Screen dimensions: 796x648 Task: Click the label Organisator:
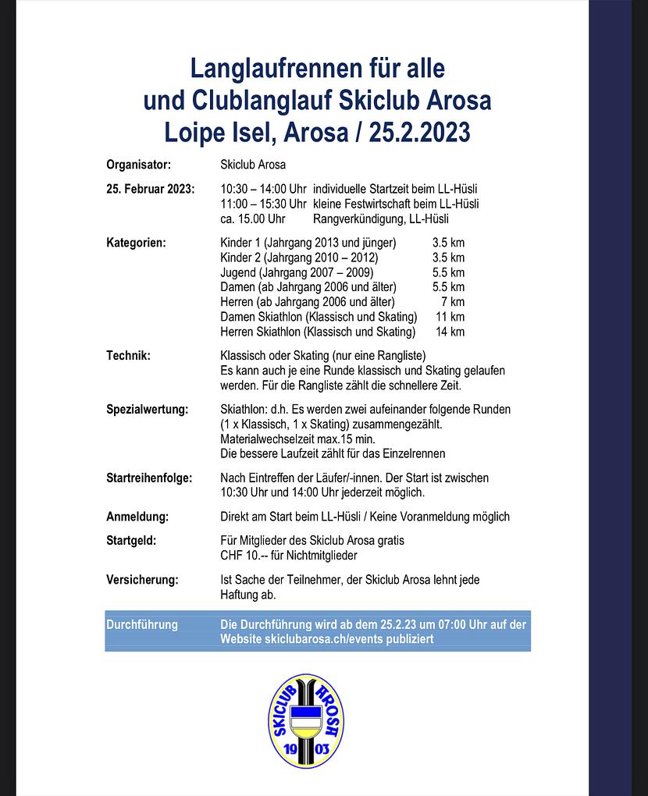point(138,165)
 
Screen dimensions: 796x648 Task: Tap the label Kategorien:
point(136,243)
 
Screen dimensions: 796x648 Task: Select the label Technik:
point(128,356)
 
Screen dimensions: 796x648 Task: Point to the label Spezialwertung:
point(147,410)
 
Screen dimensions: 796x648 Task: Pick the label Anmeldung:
point(137,517)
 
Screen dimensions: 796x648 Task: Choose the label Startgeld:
point(131,540)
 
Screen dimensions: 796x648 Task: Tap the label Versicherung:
point(142,580)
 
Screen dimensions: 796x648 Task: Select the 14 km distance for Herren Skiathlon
point(450,332)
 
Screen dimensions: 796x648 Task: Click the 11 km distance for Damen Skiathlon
point(450,317)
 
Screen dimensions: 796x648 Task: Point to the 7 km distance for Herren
point(453,302)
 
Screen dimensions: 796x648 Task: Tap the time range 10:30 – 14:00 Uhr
point(264,189)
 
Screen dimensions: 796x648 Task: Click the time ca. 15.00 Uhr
point(253,219)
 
